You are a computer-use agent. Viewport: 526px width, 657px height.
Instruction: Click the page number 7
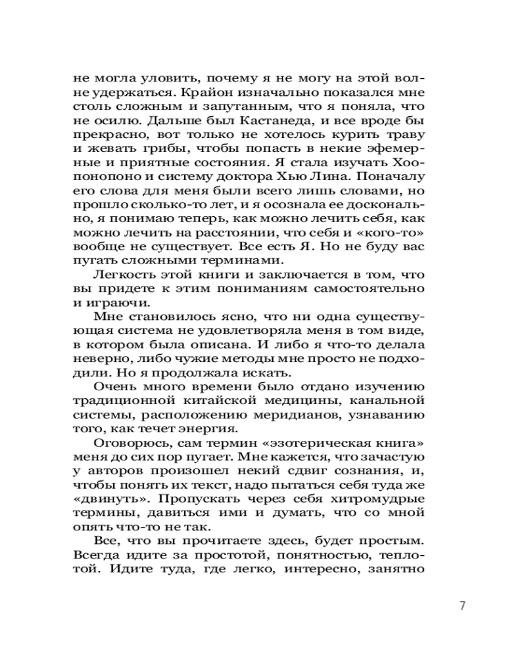(x=462, y=606)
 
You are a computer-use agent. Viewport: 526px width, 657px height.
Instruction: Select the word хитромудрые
(x=381, y=502)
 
